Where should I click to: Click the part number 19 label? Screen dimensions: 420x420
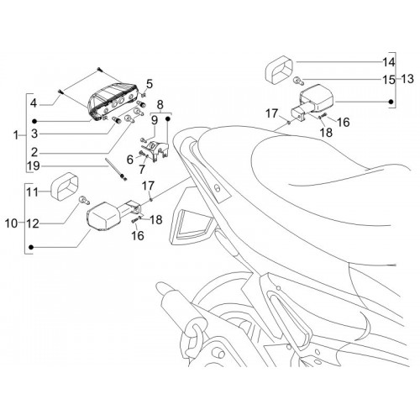tap(34, 166)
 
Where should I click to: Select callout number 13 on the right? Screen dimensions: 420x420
tap(407, 79)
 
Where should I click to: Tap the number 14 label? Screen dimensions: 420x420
tap(388, 62)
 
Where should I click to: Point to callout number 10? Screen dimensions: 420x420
tap(11, 223)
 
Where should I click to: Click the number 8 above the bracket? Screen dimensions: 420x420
tap(160, 105)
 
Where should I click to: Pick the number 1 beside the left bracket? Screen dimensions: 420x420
tap(16, 135)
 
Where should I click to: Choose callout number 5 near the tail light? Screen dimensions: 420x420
tap(150, 84)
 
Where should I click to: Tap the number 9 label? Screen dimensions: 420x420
tap(155, 121)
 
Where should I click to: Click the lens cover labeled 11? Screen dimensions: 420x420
tap(65, 186)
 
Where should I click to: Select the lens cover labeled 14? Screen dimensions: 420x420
tap(279, 70)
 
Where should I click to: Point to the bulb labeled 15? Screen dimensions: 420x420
tap(298, 81)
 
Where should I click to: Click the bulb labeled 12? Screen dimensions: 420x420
tap(84, 200)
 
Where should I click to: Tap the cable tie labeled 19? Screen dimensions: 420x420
tap(116, 169)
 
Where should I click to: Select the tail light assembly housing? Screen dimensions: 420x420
tap(112, 102)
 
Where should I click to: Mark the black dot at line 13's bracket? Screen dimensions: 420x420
tap(391, 102)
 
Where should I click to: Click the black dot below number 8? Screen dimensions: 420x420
tap(168, 118)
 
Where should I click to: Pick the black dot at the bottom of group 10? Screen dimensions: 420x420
tap(31, 247)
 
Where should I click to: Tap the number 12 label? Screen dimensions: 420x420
tap(33, 223)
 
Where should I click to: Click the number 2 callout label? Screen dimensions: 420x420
tap(34, 152)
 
